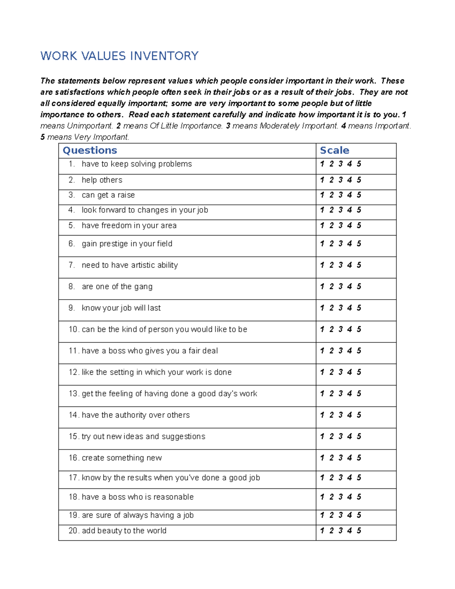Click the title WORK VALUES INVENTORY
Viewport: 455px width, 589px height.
click(119, 56)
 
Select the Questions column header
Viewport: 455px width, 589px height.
click(90, 150)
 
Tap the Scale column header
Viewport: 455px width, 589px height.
click(334, 150)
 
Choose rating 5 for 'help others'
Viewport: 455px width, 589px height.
click(359, 180)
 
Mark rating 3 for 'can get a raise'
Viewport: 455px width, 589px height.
click(340, 195)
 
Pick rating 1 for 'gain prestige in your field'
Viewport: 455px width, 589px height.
click(322, 243)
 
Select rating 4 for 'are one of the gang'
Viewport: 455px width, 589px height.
click(350, 286)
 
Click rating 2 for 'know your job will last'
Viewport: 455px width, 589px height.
click(331, 308)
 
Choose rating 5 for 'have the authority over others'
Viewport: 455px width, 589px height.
click(359, 415)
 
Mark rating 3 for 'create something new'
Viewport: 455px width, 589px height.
click(340, 458)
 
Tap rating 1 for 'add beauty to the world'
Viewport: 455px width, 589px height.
click(322, 531)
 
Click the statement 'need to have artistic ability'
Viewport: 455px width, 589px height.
click(130, 265)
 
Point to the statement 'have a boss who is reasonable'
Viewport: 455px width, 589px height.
click(138, 497)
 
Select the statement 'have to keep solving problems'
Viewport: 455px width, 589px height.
click(136, 164)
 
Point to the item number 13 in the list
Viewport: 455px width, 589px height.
click(74, 394)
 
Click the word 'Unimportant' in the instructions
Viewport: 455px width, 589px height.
click(90, 126)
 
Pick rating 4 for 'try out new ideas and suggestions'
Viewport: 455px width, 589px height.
click(350, 436)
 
